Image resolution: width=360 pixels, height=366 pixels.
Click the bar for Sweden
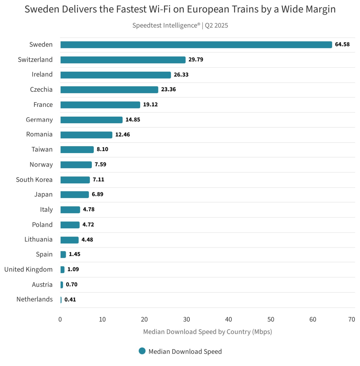196,45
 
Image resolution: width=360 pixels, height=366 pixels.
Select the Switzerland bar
123,60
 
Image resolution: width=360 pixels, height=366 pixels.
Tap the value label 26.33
181,75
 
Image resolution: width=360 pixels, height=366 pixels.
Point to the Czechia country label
41,90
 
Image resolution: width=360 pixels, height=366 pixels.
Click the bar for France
100,105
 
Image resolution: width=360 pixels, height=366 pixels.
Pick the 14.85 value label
133,120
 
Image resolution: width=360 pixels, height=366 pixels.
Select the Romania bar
86,135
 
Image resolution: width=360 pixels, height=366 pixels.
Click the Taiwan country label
42,149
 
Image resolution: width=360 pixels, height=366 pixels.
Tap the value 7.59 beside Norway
100,164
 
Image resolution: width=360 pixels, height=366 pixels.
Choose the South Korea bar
75,180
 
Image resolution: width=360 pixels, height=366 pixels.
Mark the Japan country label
43,194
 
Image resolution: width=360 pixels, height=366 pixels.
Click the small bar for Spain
63,255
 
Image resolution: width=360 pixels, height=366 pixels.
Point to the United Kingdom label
28,269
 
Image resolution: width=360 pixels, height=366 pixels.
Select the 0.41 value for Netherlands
70,300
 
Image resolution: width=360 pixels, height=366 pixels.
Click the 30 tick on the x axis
186,320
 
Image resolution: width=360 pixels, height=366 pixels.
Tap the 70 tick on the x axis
352,320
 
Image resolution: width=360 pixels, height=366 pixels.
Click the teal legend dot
142,351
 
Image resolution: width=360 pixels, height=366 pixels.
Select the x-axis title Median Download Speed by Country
207,332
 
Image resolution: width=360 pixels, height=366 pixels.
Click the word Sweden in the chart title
42,9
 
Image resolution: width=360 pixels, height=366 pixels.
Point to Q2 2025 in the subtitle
216,25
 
